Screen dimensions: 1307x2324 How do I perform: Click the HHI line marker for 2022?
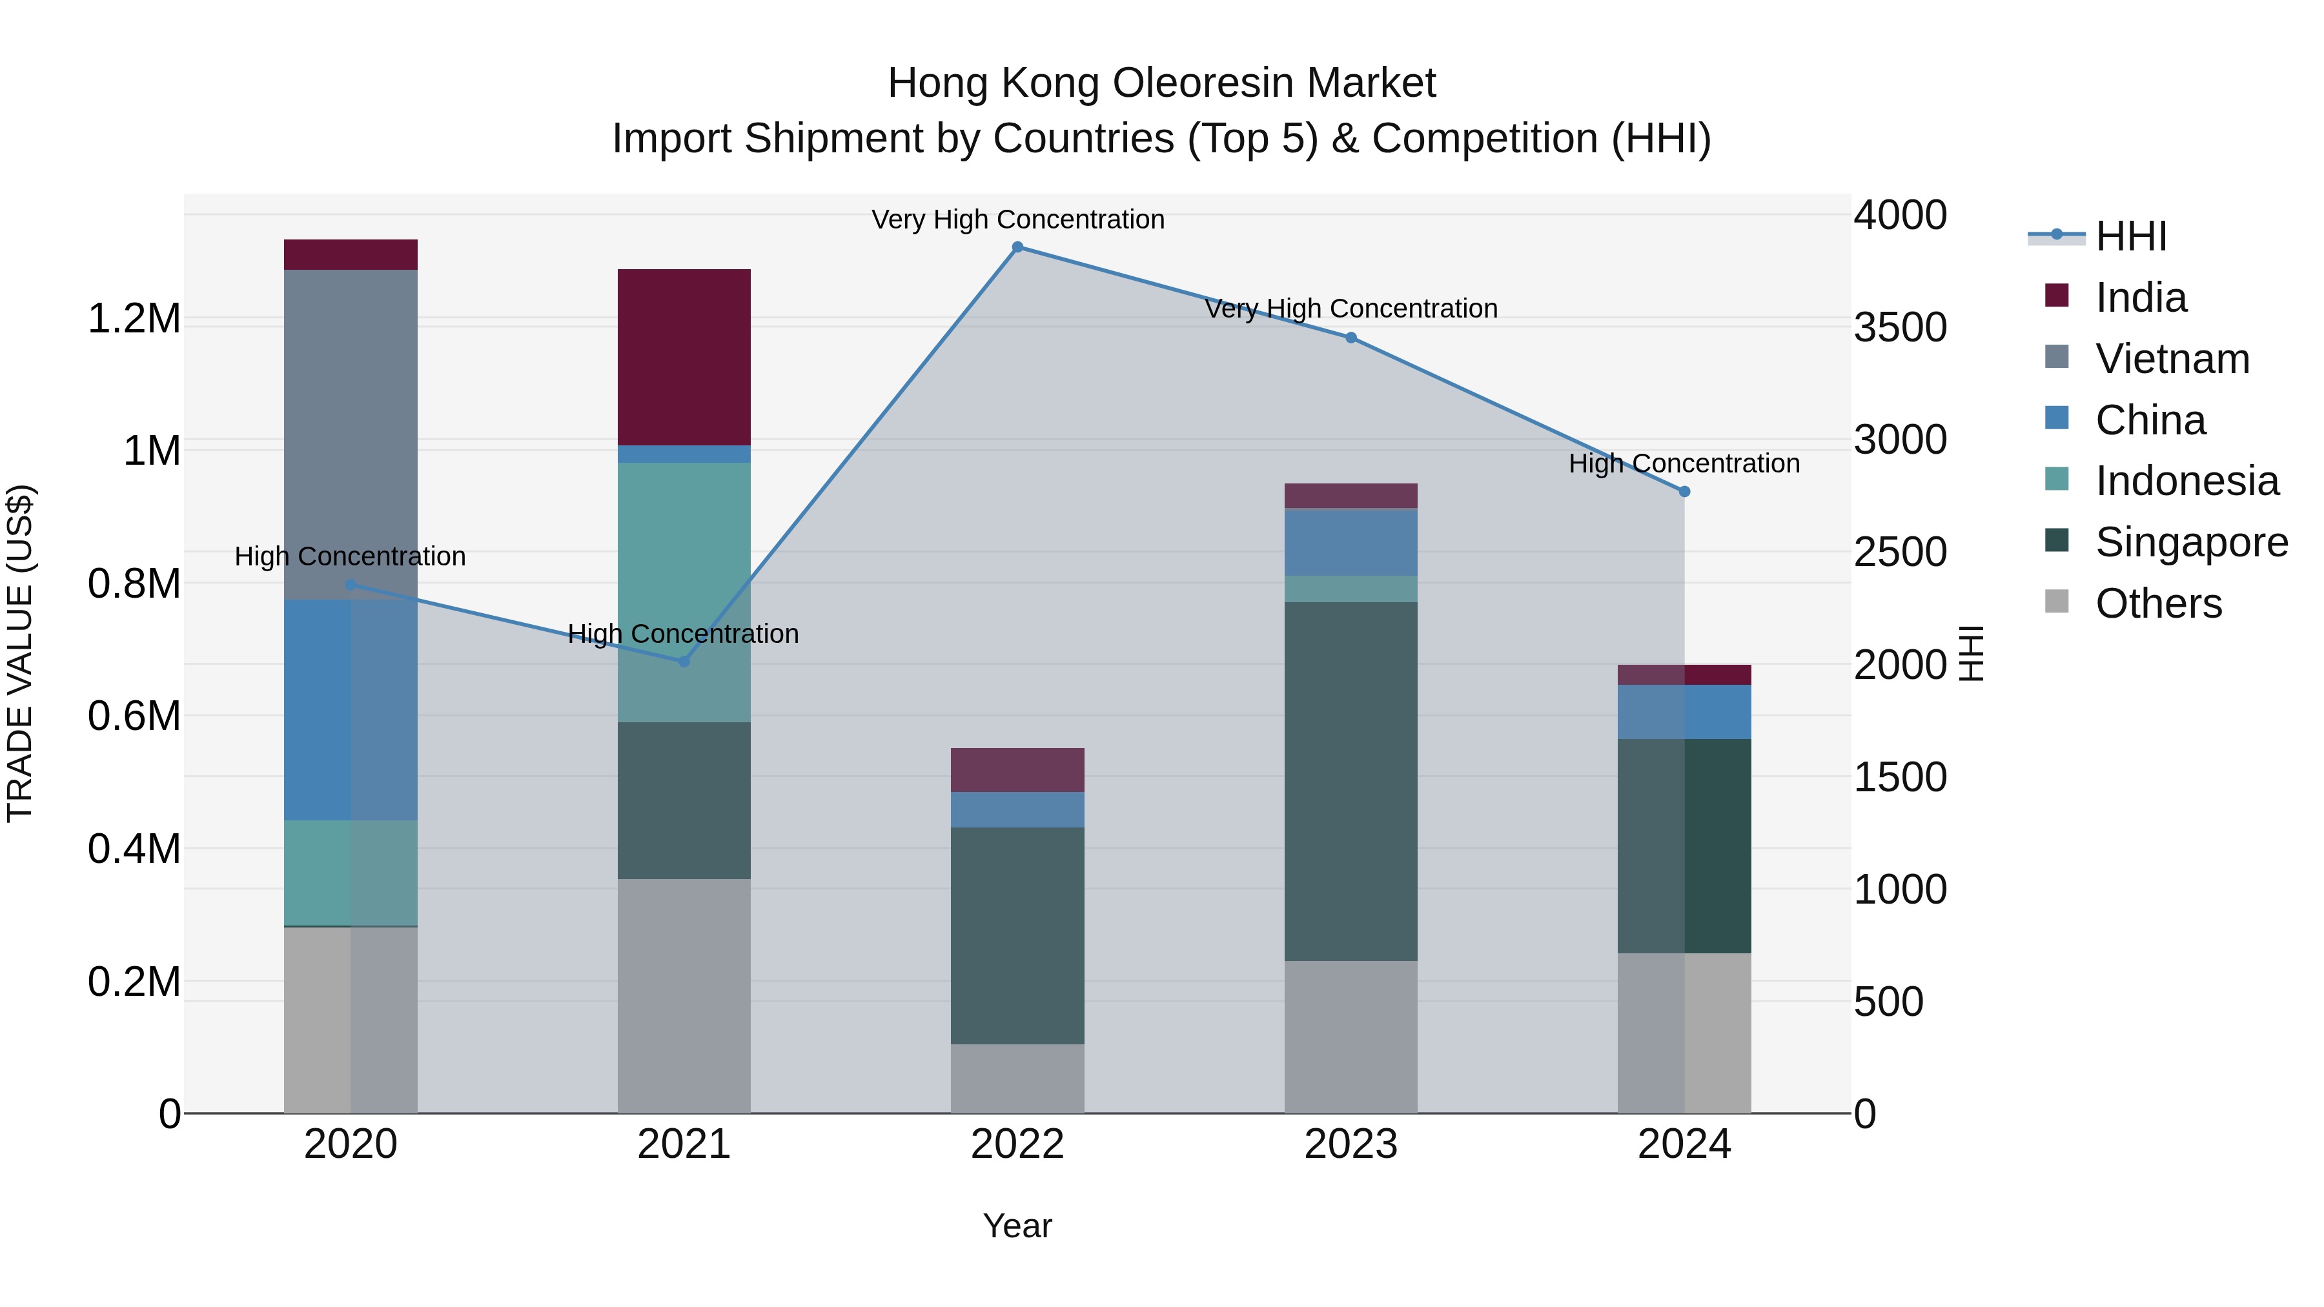pos(1017,247)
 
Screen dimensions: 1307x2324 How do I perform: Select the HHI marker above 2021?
pos(684,661)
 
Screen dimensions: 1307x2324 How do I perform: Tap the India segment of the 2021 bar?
pos(684,357)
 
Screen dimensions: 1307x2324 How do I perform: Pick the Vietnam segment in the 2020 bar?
pos(351,434)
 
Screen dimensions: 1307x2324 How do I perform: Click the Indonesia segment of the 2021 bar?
pos(684,592)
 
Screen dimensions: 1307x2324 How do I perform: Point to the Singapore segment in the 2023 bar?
pos(1351,781)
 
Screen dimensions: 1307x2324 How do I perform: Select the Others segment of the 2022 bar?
pos(1017,1078)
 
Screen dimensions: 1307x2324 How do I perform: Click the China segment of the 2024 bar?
pos(1684,712)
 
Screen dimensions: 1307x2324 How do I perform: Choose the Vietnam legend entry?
pos(2172,359)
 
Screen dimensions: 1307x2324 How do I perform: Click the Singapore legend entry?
pos(2190,542)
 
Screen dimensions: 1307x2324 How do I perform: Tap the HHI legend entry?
pos(2130,236)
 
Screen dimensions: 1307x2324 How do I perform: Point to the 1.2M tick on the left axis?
pos(134,319)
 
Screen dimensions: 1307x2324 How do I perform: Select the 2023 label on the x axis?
pos(1351,1144)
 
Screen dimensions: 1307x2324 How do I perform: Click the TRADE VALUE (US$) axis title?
pos(21,653)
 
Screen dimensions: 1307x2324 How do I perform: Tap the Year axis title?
pos(1017,1226)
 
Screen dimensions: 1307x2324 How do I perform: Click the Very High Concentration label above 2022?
pos(1017,219)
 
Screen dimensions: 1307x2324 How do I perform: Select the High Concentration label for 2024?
pos(1684,463)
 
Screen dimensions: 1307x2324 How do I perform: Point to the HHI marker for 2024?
pos(1684,492)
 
